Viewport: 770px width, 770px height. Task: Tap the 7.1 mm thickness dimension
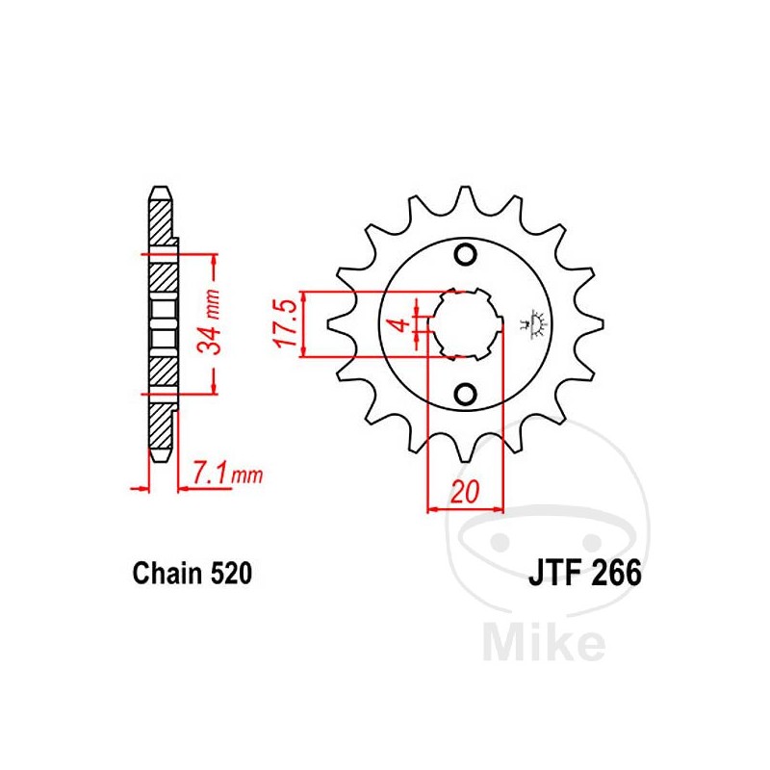(x=227, y=473)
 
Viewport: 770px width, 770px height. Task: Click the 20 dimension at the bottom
(x=466, y=493)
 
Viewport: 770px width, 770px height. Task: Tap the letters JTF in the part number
(x=552, y=575)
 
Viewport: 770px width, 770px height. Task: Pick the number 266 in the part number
(x=613, y=575)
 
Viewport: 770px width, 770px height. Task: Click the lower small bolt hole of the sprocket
(x=466, y=394)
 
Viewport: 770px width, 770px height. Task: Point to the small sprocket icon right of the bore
(x=529, y=321)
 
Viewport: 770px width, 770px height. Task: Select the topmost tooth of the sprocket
(x=466, y=197)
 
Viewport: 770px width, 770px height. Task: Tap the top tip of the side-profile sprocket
(x=160, y=192)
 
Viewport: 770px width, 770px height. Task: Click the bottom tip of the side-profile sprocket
(x=160, y=453)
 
